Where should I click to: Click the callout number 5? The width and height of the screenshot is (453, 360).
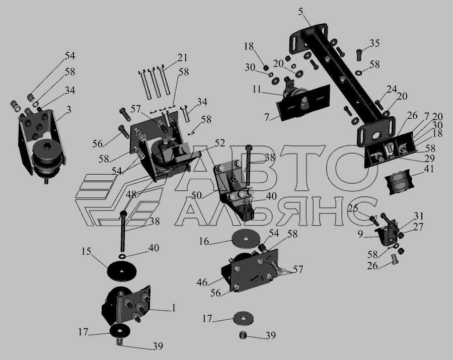[301, 12]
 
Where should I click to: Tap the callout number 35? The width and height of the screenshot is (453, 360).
[374, 43]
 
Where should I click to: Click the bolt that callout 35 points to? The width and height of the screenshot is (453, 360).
[359, 55]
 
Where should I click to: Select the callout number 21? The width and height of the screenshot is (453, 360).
[182, 58]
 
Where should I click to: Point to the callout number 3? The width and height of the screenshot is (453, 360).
[68, 109]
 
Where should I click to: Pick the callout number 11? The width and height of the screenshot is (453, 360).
[257, 89]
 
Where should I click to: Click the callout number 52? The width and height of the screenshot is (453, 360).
[219, 142]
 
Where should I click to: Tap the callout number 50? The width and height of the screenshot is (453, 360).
[196, 195]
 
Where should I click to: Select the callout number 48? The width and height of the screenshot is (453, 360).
[131, 194]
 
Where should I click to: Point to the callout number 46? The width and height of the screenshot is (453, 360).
[202, 282]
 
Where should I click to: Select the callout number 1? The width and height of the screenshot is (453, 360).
[173, 308]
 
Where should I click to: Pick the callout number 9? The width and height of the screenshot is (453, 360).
[360, 234]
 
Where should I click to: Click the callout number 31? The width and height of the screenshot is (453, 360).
[419, 216]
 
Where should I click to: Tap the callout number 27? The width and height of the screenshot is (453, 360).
[419, 227]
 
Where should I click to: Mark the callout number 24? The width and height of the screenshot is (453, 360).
[392, 89]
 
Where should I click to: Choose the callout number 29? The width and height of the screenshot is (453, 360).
[430, 158]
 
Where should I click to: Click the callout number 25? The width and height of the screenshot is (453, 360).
[353, 208]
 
